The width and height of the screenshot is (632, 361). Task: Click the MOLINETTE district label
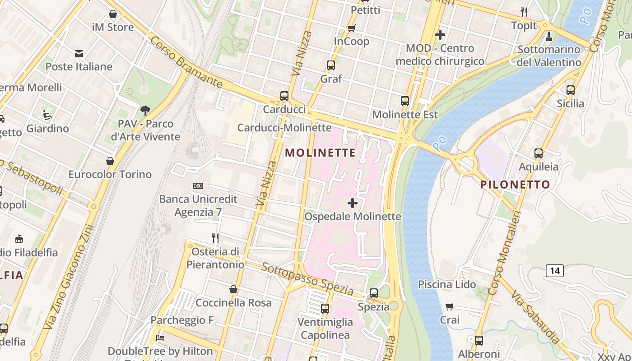click(321, 153)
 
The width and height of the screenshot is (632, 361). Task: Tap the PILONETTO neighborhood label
click(515, 185)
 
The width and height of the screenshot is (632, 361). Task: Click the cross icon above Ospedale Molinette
click(353, 203)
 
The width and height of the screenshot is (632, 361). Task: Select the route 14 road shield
click(555, 271)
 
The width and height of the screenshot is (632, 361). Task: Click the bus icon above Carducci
click(284, 96)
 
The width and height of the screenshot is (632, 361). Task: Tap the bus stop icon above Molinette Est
click(405, 101)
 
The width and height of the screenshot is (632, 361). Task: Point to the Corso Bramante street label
click(186, 63)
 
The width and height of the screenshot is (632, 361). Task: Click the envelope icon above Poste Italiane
click(79, 54)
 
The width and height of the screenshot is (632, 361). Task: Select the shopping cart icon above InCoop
click(352, 28)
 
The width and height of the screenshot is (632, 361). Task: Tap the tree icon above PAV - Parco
click(145, 110)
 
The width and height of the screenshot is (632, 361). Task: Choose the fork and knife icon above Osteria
click(215, 238)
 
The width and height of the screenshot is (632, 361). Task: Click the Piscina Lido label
click(447, 284)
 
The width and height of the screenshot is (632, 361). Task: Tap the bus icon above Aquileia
click(538, 153)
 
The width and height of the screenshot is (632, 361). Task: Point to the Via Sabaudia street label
click(536, 317)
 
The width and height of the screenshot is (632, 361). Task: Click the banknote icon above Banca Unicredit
click(198, 186)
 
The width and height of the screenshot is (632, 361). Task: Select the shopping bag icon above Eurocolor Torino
click(110, 161)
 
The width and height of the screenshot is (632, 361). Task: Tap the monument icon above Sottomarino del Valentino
click(549, 36)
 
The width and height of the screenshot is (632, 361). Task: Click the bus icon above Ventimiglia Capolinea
click(325, 309)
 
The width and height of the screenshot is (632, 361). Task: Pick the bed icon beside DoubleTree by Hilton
click(160, 338)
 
